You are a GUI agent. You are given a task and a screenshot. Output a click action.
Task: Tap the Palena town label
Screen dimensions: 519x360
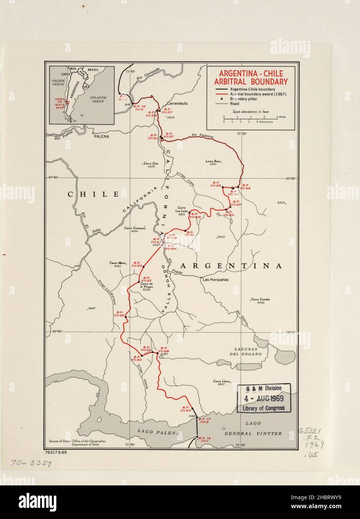click(101, 137)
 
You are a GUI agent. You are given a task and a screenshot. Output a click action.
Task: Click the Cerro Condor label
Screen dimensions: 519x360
click(260, 299)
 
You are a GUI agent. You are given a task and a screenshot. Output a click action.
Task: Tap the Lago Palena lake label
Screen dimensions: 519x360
click(154, 432)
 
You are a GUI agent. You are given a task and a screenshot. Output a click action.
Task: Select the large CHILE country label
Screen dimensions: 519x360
click(93, 194)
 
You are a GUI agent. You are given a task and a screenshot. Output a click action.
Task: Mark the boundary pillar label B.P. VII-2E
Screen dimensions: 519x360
click(120, 314)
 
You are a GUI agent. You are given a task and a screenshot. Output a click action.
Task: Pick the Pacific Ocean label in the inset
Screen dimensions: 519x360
click(59, 82)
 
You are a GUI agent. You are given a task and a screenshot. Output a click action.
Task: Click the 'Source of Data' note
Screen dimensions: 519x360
click(77, 443)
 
